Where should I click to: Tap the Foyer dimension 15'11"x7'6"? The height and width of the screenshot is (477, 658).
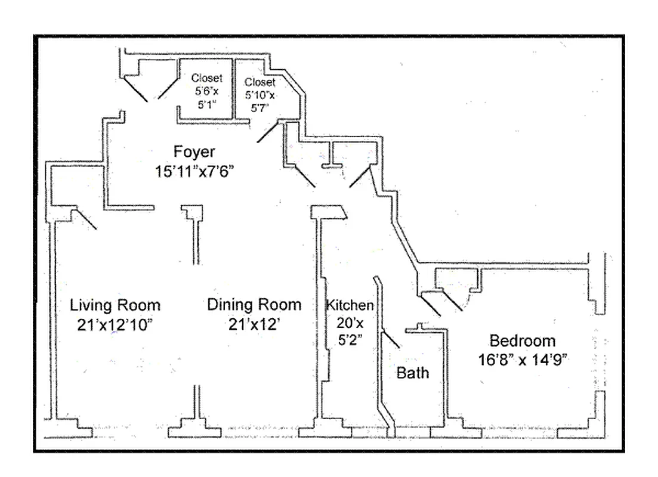pos(194,171)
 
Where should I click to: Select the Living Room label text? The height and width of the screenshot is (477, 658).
pos(115,305)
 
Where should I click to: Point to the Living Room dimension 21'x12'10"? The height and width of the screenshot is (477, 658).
pos(115,325)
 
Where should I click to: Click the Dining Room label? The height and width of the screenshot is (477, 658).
pos(254,305)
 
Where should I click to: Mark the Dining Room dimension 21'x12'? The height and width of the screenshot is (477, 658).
pos(254,325)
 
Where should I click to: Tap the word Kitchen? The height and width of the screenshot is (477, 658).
pos(350,305)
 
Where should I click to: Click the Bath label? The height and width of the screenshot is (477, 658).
pos(413,373)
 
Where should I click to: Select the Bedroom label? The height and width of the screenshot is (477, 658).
pos(522,341)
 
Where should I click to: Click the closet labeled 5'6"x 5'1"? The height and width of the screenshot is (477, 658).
pos(206,91)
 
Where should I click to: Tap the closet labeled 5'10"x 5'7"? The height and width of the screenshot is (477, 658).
pos(260,95)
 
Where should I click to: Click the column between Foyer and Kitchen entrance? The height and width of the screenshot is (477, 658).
pos(329,212)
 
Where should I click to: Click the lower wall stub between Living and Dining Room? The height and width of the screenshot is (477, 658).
pos(194,411)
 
